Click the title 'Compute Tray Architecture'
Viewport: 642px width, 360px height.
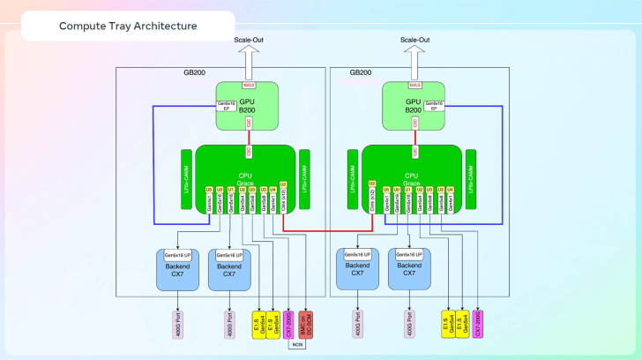click(x=128, y=26)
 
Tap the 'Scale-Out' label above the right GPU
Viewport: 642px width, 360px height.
click(x=414, y=40)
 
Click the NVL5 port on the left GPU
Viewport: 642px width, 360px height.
click(x=248, y=86)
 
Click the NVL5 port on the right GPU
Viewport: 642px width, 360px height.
click(x=414, y=86)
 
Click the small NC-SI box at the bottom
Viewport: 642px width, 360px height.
click(x=296, y=345)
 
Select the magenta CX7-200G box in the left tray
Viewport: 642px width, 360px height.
click(x=286, y=323)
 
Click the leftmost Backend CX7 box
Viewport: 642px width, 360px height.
click(x=177, y=268)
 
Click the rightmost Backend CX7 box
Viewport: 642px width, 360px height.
click(x=408, y=268)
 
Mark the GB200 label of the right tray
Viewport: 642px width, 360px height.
click(x=361, y=72)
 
